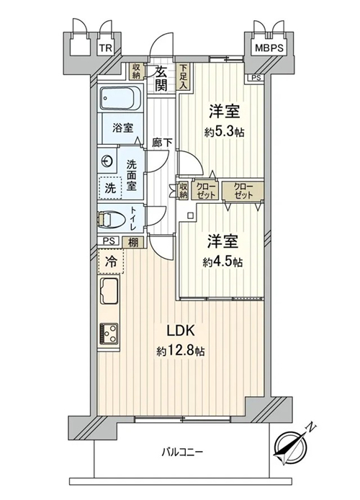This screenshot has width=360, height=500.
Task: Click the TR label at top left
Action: click(x=105, y=48)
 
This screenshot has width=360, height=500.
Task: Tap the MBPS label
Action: click(x=269, y=48)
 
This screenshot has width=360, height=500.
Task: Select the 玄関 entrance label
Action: click(x=161, y=79)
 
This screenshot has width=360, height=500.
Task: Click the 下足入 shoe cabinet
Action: click(x=183, y=76)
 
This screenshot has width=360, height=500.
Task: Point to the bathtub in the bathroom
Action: click(x=121, y=98)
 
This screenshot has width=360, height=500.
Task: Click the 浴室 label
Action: click(x=122, y=128)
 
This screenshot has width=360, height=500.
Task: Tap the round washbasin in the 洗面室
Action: click(x=107, y=161)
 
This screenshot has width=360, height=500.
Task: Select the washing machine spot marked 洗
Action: click(x=110, y=188)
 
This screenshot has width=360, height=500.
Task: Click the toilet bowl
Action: click(x=110, y=220)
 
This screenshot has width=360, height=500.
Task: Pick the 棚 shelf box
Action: click(x=133, y=243)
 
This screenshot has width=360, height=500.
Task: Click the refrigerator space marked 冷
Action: click(x=111, y=262)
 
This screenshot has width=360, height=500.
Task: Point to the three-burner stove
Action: click(x=109, y=334)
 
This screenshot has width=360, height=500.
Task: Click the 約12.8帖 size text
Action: click(x=180, y=351)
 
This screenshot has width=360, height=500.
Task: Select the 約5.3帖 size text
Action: click(x=224, y=131)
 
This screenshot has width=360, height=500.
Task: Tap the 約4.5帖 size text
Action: click(x=222, y=262)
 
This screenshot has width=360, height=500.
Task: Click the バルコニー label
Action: click(x=182, y=452)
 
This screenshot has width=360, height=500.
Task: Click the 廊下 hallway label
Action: click(x=162, y=143)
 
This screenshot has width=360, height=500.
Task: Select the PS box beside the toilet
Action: click(x=109, y=241)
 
